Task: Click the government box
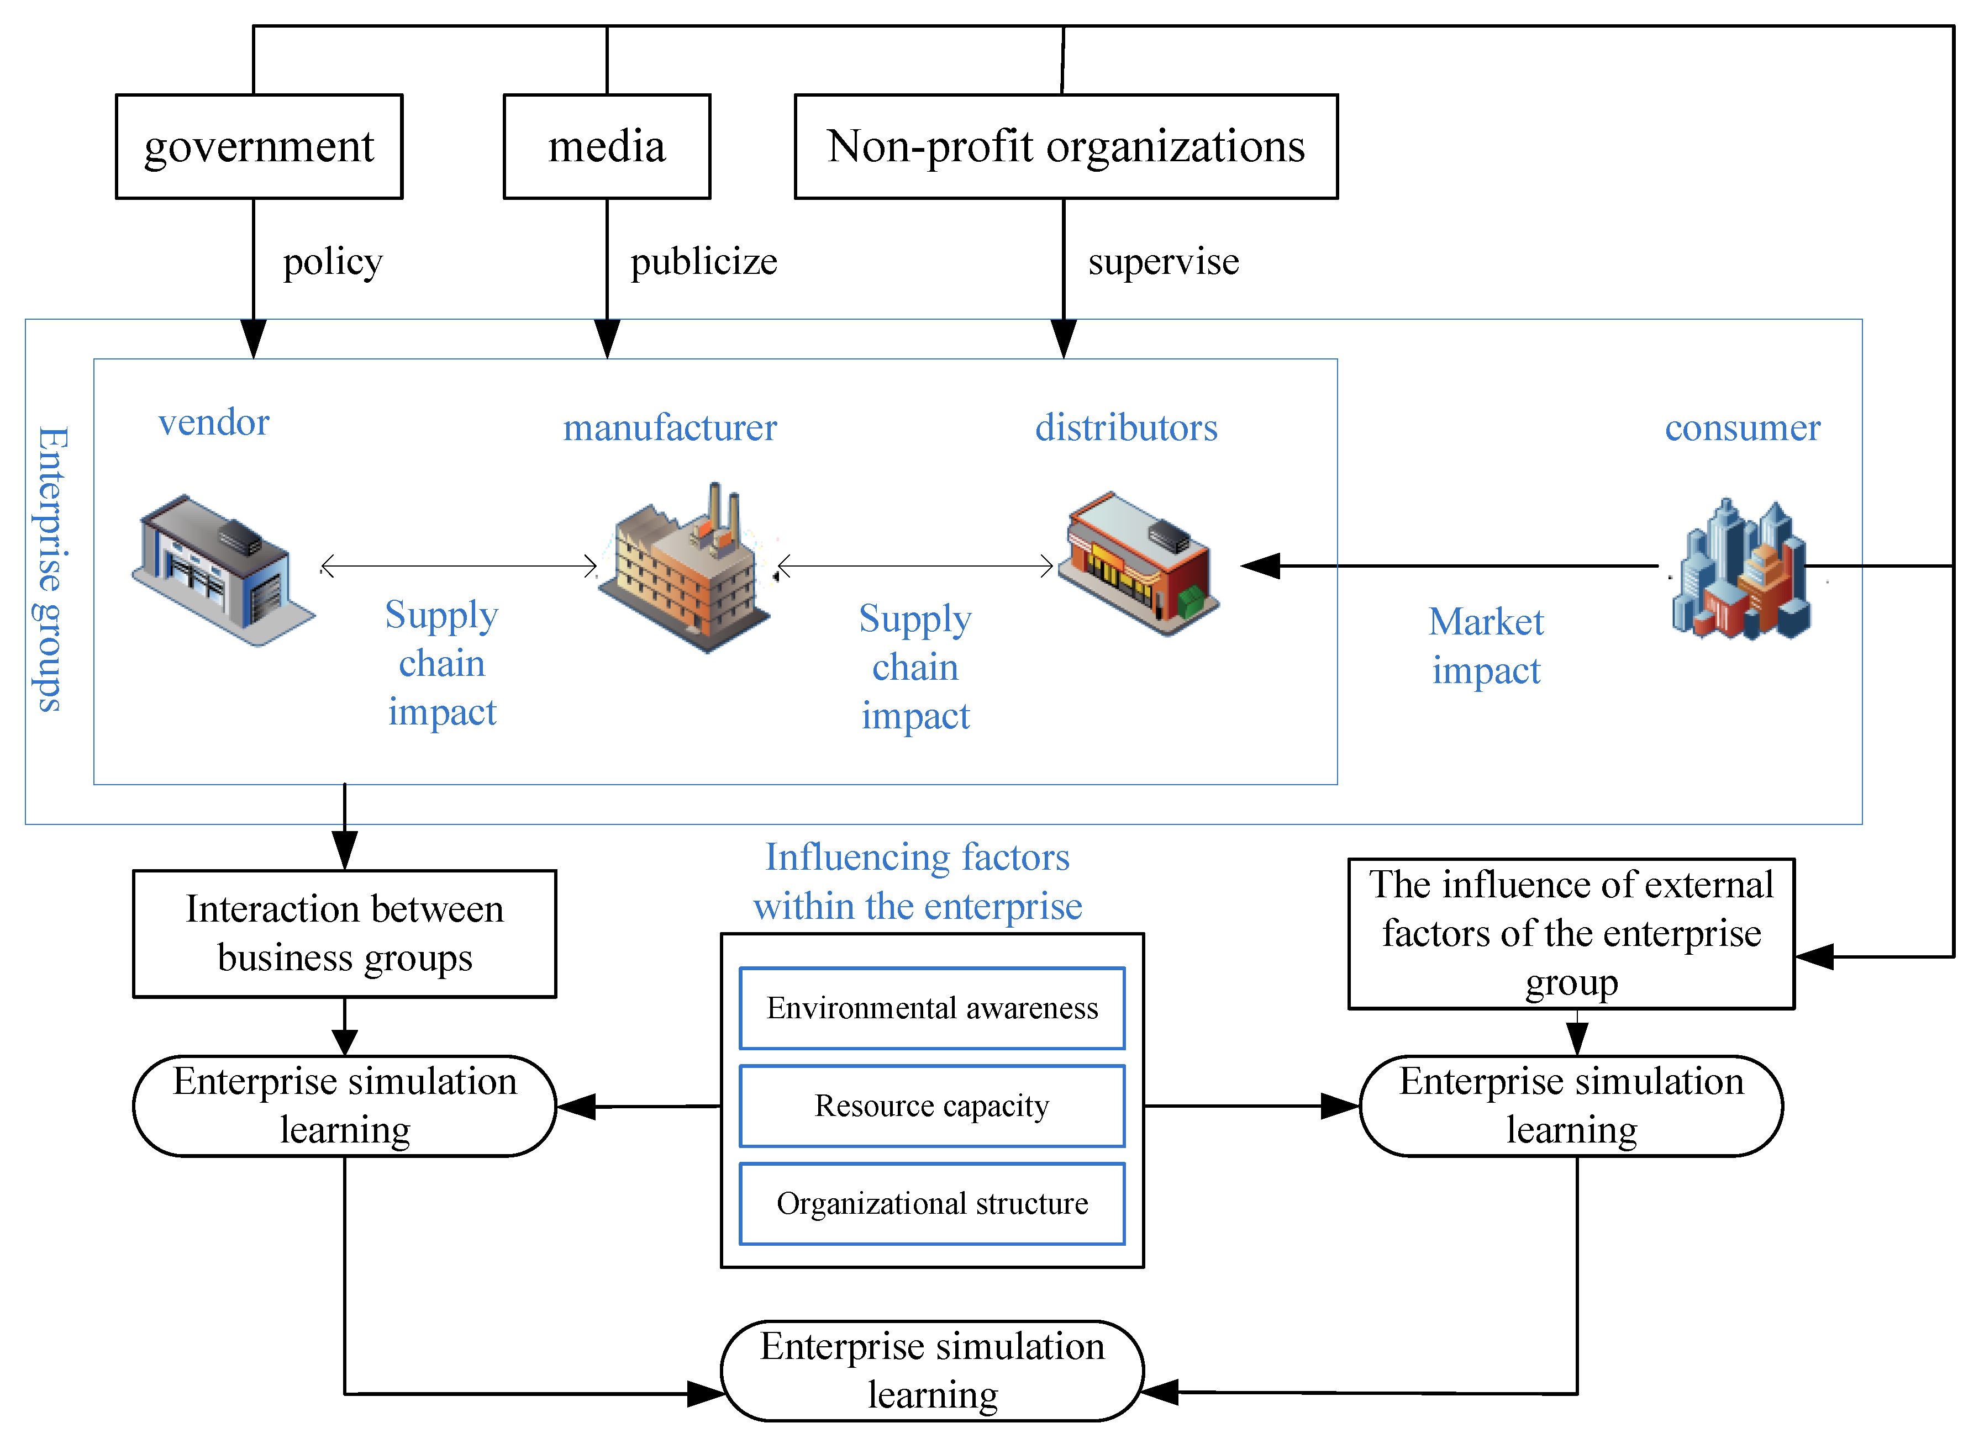point(259,147)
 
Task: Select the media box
point(607,147)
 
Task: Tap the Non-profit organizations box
point(1065,147)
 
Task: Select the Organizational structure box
point(931,1204)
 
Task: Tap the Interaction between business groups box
point(345,934)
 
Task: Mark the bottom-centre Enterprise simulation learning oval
point(932,1371)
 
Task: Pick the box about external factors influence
point(1571,934)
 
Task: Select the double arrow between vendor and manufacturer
point(459,567)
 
